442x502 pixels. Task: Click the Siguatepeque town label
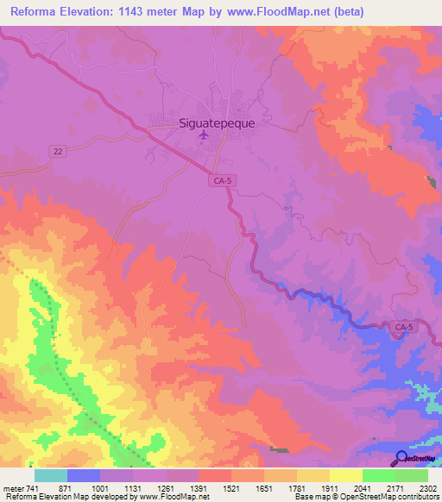(x=212, y=122)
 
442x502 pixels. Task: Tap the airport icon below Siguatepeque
(x=205, y=135)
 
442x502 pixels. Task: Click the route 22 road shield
(x=57, y=150)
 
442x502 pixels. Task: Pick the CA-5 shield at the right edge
(x=403, y=327)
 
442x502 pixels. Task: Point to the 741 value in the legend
(x=31, y=488)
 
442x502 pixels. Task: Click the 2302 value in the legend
(x=424, y=488)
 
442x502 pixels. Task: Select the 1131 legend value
(x=130, y=488)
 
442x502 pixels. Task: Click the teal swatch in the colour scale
(x=51, y=475)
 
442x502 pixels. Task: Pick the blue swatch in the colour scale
(x=84, y=475)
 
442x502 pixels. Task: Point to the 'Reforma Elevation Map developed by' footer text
(x=62, y=497)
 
